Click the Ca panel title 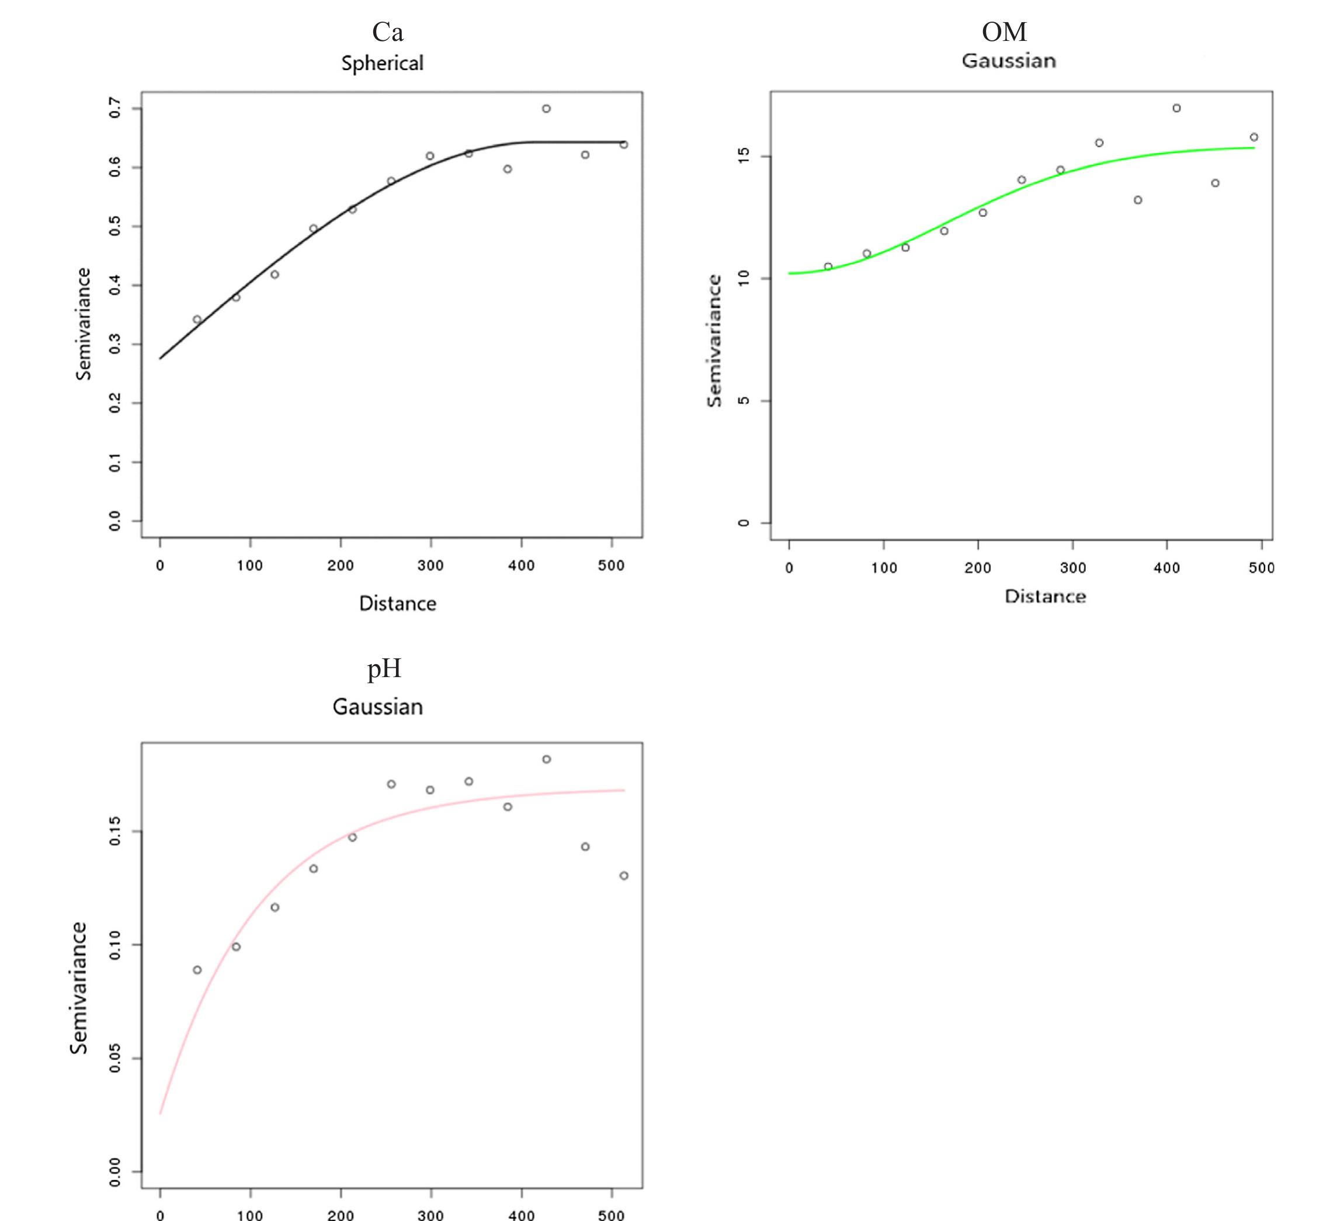388,32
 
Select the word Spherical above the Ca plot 382,64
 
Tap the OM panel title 1004,32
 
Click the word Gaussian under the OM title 1009,61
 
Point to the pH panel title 384,669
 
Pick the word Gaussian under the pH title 377,707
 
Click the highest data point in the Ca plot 546,108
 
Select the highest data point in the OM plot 1176,108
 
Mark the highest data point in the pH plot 546,759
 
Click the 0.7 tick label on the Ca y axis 115,107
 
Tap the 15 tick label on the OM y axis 744,156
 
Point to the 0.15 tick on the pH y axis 115,831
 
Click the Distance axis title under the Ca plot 397,604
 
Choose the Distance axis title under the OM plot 1045,596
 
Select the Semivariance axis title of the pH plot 79,988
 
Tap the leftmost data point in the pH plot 197,970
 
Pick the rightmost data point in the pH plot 623,876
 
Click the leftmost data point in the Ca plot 197,319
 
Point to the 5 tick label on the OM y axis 744,400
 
